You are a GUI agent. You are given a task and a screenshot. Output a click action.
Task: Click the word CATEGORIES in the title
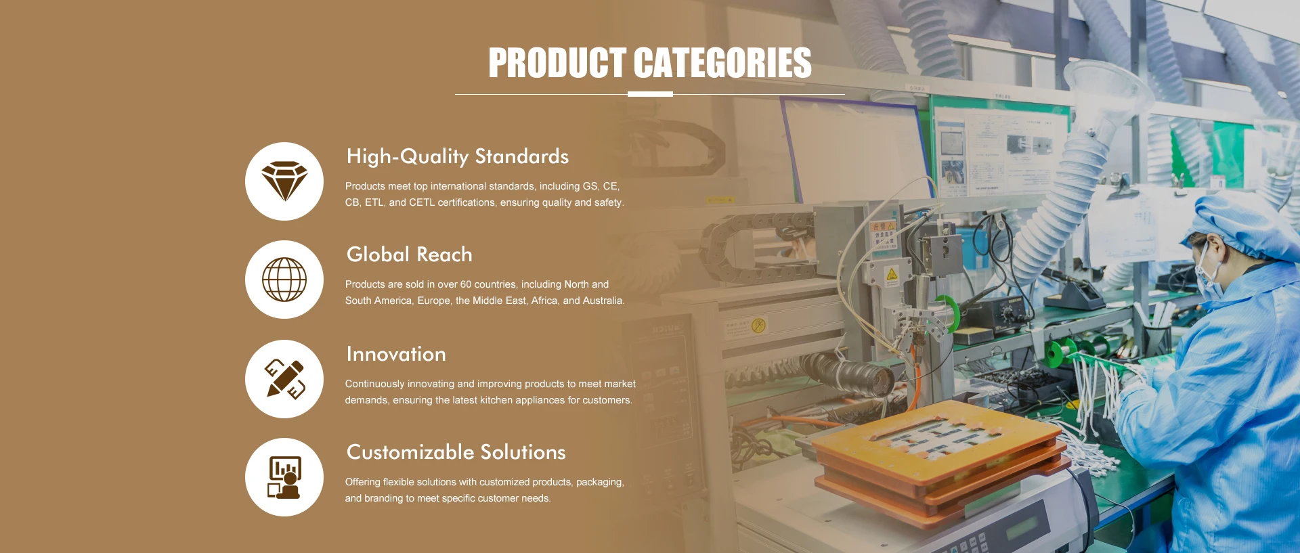click(x=722, y=63)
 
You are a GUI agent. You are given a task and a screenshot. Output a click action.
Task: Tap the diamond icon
click(x=284, y=181)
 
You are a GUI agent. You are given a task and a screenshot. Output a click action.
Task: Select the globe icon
click(x=284, y=280)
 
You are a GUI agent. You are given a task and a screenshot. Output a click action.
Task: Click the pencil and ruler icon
click(x=284, y=379)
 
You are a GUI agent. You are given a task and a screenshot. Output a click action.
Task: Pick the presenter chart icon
click(x=284, y=477)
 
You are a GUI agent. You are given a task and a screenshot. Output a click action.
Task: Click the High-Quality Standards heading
click(x=458, y=156)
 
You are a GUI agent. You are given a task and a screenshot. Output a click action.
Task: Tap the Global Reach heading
click(x=410, y=255)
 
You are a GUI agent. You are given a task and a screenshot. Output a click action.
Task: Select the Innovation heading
click(x=396, y=354)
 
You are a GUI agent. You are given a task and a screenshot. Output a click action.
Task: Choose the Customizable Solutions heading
click(x=456, y=452)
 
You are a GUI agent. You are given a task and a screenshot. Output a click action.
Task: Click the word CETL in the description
click(x=422, y=202)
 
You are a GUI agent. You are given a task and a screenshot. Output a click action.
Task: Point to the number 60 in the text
click(x=466, y=284)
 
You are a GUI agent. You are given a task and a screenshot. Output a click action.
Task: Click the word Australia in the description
click(x=603, y=301)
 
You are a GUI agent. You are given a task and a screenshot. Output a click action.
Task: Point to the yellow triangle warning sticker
click(x=892, y=275)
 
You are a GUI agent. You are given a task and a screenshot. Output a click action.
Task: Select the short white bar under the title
click(x=650, y=94)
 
